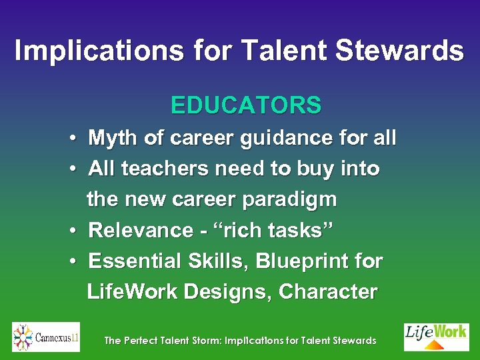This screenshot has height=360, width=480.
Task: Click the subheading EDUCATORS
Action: click(246, 105)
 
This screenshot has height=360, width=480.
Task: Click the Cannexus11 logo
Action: click(46, 337)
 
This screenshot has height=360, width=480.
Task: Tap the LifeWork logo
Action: click(437, 337)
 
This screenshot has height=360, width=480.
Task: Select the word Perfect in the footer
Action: click(142, 341)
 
